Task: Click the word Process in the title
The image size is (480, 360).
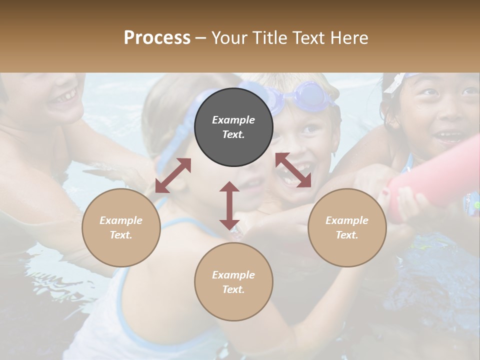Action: point(157,37)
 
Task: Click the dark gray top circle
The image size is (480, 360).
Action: point(233,127)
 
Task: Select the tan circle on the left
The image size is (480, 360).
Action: point(121,227)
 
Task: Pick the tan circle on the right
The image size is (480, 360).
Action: point(347,227)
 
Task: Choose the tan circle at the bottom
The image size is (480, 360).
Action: point(233,282)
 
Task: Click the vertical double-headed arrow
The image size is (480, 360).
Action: point(229,205)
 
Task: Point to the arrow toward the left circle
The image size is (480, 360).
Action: point(173,175)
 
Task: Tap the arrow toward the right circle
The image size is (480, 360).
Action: point(293,170)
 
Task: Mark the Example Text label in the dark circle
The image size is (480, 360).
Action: point(233,127)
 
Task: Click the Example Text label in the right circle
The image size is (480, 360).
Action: point(347,227)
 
